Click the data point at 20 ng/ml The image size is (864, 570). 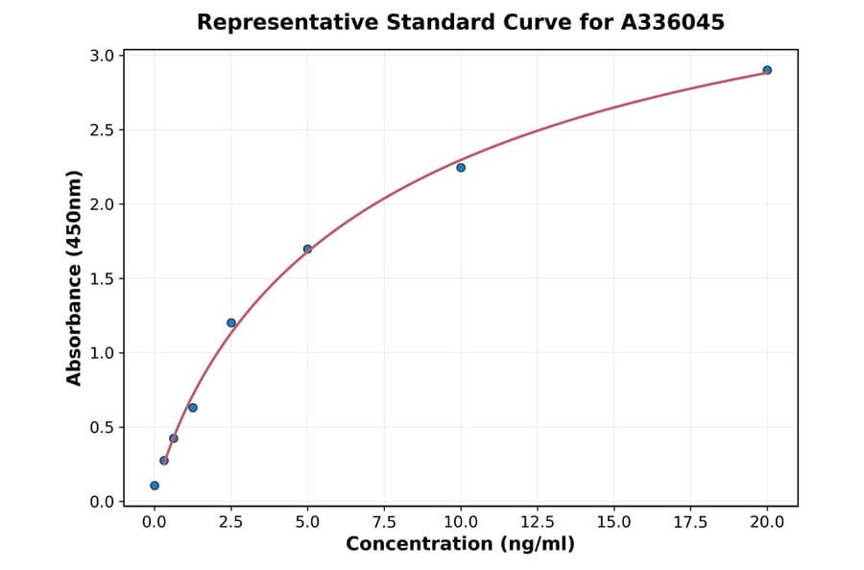[x=767, y=70]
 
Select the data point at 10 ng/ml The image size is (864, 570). [x=461, y=168]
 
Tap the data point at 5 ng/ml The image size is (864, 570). [x=307, y=249]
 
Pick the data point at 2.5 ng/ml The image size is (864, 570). [x=231, y=322]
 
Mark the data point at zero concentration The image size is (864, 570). [x=155, y=486]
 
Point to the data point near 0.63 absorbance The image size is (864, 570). [x=193, y=408]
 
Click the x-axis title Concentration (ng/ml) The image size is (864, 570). [x=460, y=544]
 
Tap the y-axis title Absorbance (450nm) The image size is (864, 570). [x=75, y=278]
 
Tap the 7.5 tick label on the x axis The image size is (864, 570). [x=384, y=522]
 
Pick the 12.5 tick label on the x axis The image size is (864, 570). [x=537, y=522]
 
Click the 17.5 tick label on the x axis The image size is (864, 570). [x=690, y=522]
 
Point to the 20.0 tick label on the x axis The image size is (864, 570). [x=767, y=522]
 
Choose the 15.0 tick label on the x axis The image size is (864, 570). [x=613, y=522]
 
